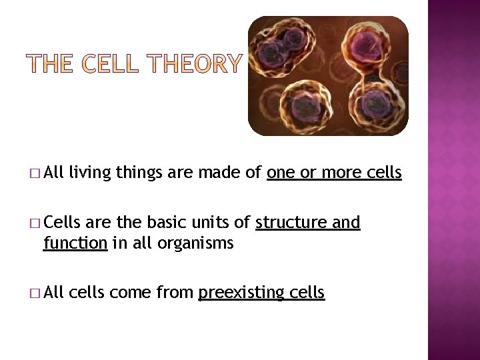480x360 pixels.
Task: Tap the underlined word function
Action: click(x=75, y=243)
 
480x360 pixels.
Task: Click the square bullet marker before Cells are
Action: click(x=34, y=223)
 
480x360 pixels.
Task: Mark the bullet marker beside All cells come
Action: click(x=34, y=292)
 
